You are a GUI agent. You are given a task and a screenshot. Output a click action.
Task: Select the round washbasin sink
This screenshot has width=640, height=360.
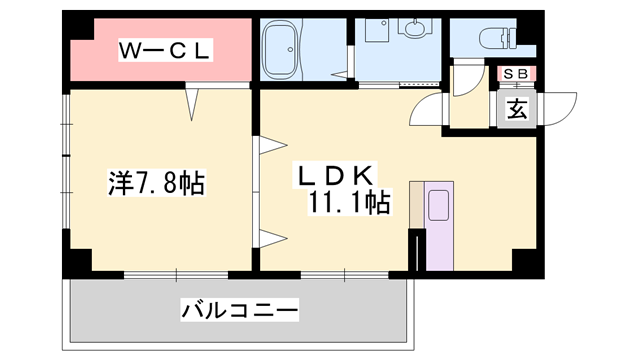(x=412, y=29)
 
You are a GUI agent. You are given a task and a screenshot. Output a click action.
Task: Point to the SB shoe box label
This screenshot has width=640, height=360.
(x=516, y=73)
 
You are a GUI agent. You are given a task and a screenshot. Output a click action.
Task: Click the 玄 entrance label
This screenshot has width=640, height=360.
(x=516, y=109)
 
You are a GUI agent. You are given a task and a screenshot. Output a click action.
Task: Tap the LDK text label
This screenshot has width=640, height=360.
(x=334, y=175)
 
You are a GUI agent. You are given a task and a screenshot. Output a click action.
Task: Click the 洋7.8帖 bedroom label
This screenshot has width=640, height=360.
(x=155, y=183)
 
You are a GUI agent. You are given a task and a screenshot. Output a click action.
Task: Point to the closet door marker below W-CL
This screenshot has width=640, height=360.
(x=193, y=101)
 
